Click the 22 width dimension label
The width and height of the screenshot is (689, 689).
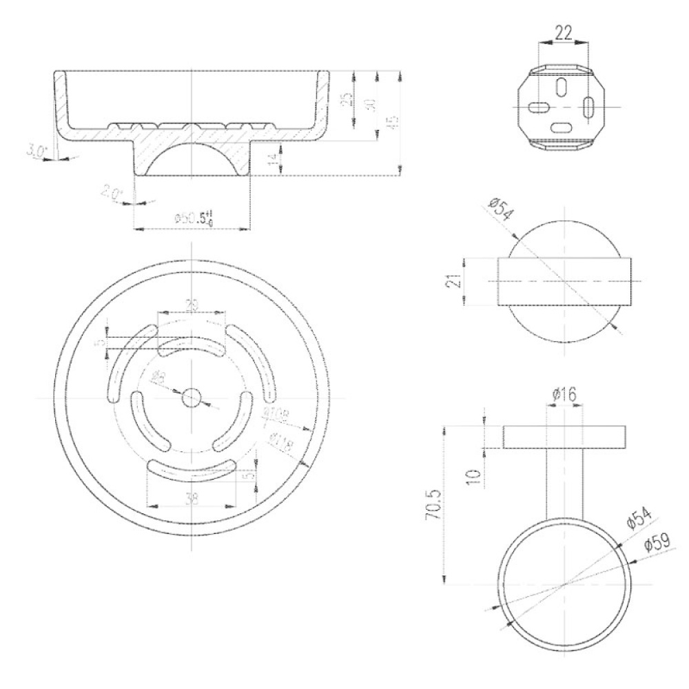563,32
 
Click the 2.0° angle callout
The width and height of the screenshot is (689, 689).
110,194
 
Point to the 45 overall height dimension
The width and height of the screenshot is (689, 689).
390,122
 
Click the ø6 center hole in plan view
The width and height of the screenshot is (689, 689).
191,398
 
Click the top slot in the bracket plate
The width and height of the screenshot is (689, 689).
562,86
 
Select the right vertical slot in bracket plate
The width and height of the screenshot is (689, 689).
590,107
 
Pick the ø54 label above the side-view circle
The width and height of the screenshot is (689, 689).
499,211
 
